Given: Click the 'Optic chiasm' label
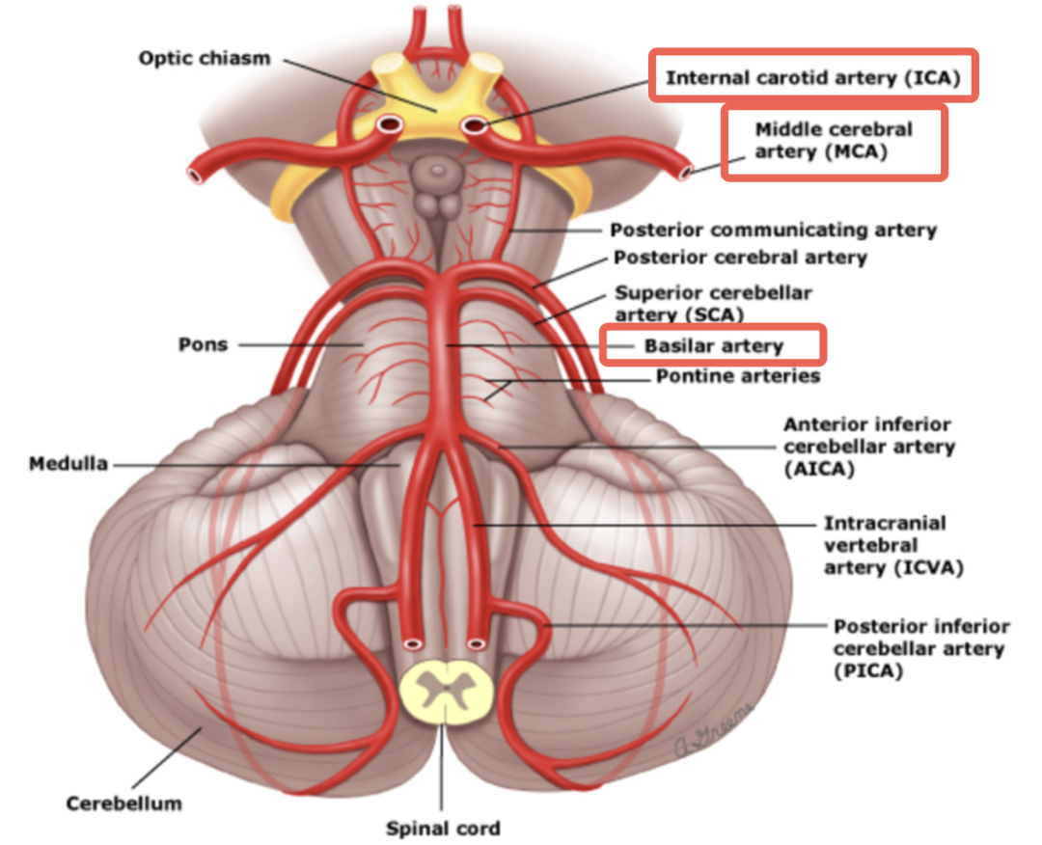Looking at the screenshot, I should click(204, 58).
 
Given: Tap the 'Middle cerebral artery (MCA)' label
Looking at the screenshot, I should click(834, 141).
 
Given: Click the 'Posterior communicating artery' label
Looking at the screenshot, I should click(773, 231).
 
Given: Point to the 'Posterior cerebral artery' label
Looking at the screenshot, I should click(740, 258).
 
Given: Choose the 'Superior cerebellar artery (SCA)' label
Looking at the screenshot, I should click(713, 303).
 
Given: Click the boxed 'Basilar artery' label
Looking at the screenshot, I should click(713, 345).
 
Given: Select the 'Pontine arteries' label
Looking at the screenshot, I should click(738, 375).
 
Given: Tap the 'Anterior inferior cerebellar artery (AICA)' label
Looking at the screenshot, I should click(868, 448).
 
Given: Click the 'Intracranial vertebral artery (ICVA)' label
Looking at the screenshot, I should click(884, 545).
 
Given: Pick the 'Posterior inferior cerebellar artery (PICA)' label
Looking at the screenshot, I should click(921, 648).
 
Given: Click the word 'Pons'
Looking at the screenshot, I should click(203, 344).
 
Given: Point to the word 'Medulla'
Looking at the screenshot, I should click(68, 464).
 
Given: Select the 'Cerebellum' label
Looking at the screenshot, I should click(123, 802).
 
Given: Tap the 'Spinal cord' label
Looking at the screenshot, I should click(444, 828).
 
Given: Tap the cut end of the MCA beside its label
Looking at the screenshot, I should click(686, 174).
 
